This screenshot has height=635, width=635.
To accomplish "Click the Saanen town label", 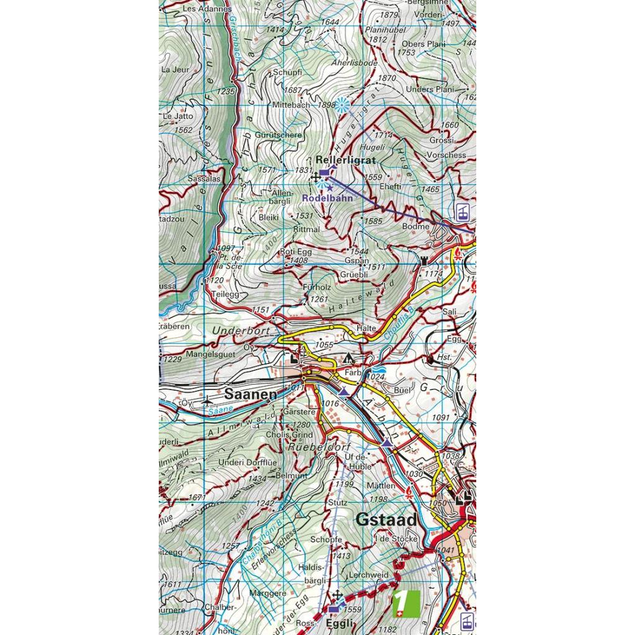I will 250,394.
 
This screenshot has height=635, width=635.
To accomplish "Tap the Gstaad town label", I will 386,519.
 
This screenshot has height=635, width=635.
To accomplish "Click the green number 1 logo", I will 406,603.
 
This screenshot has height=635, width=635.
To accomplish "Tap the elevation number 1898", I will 326,105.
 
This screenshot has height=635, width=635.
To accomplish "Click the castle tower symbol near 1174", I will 424,262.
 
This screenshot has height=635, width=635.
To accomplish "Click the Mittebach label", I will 290,105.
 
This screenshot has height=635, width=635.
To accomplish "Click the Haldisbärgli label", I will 311,573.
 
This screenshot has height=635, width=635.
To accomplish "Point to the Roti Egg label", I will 296,252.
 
